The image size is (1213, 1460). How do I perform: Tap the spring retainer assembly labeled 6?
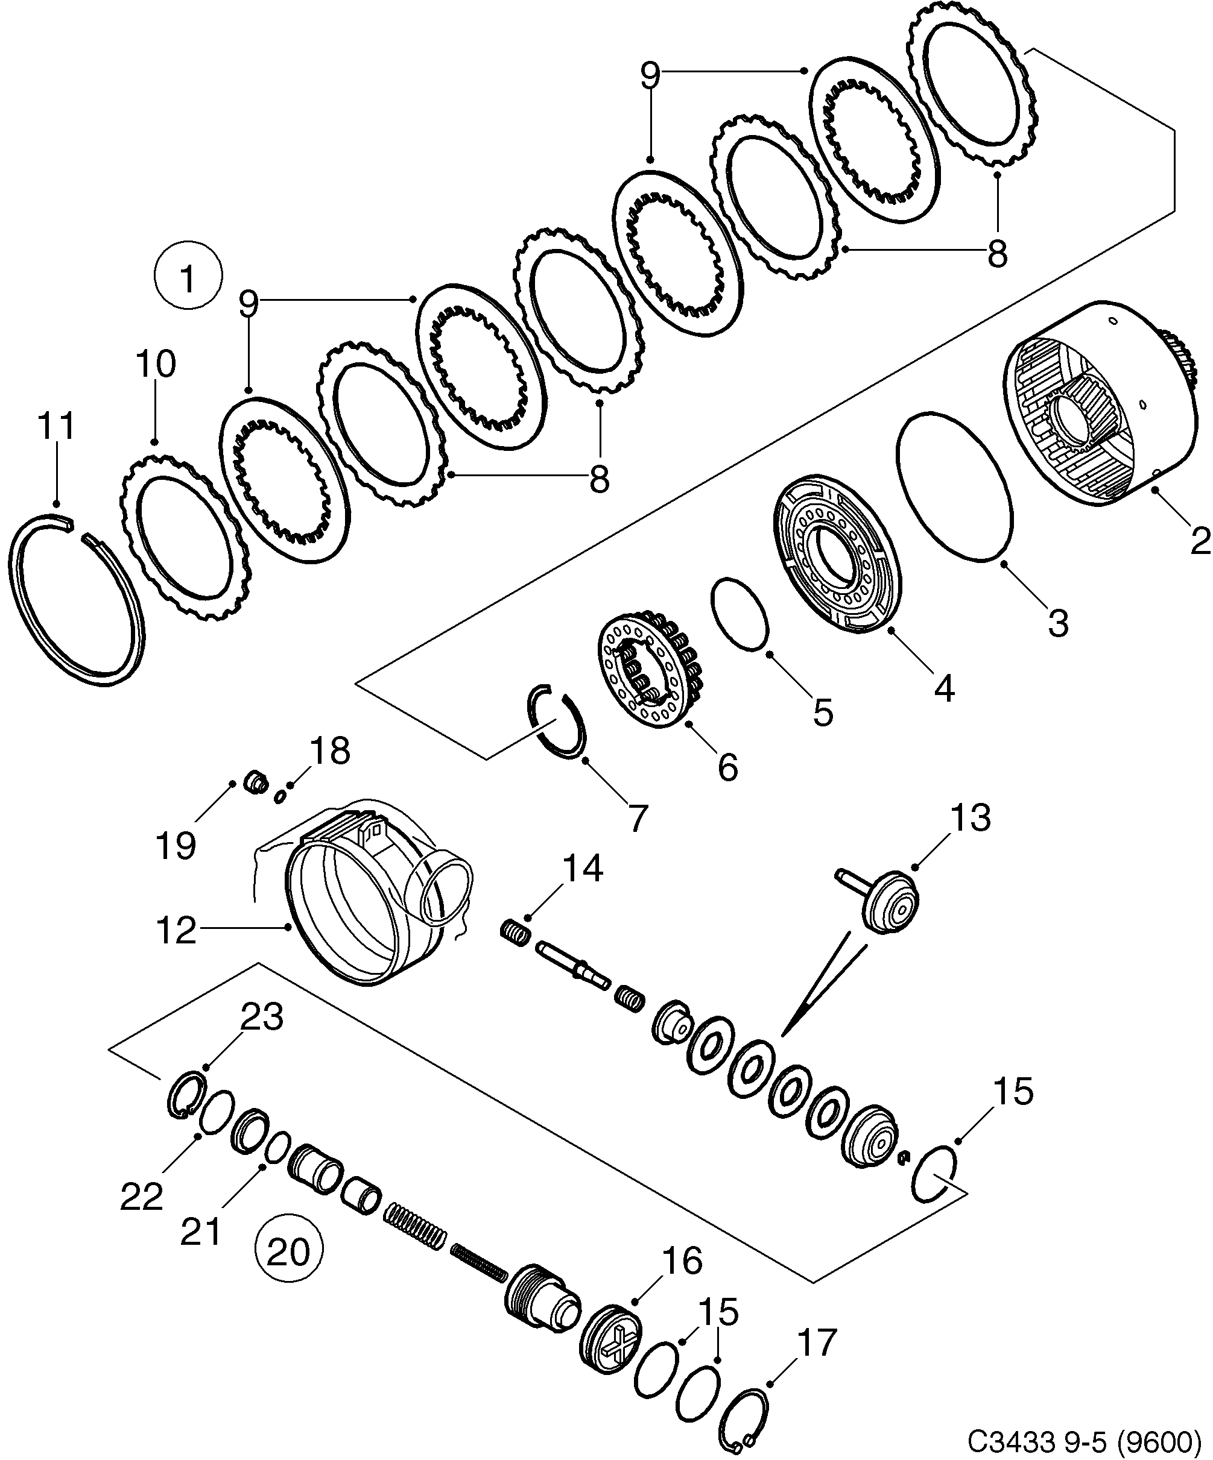(650, 667)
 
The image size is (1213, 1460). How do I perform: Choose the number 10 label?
(156, 363)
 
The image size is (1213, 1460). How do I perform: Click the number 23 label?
(262, 1016)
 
